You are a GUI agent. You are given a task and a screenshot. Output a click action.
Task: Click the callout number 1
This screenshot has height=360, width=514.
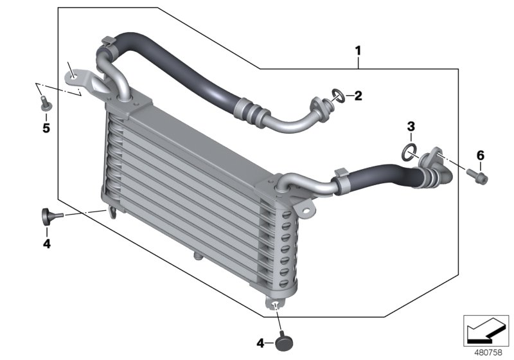point(359,50)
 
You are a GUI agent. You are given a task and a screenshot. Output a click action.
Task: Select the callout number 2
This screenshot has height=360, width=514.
point(358,96)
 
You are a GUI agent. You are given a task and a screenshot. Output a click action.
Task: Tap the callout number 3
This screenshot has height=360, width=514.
point(411,126)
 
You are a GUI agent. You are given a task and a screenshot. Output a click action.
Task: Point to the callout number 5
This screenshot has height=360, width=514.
point(46,127)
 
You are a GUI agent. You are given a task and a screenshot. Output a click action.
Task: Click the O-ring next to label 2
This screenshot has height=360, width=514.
point(335,96)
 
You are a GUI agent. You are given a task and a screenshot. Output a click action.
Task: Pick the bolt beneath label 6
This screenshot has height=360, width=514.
point(479,174)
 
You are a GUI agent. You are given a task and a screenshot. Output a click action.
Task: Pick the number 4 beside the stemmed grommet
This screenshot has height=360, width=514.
point(46,243)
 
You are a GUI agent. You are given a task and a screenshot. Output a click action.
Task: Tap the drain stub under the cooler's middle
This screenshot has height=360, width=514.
point(196,256)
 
